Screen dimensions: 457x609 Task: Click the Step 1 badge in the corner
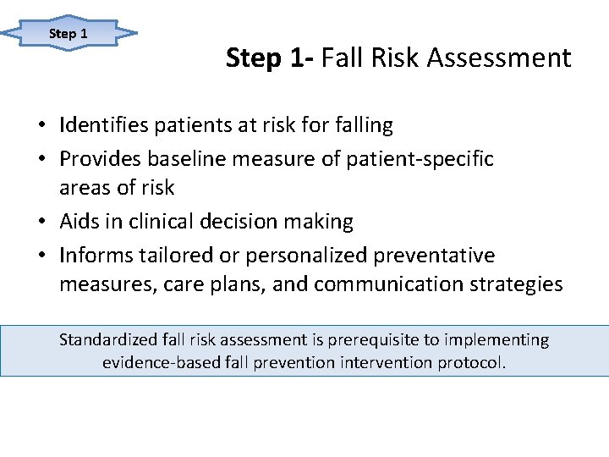[x=69, y=34]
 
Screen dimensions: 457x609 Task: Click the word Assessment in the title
[x=499, y=58]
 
